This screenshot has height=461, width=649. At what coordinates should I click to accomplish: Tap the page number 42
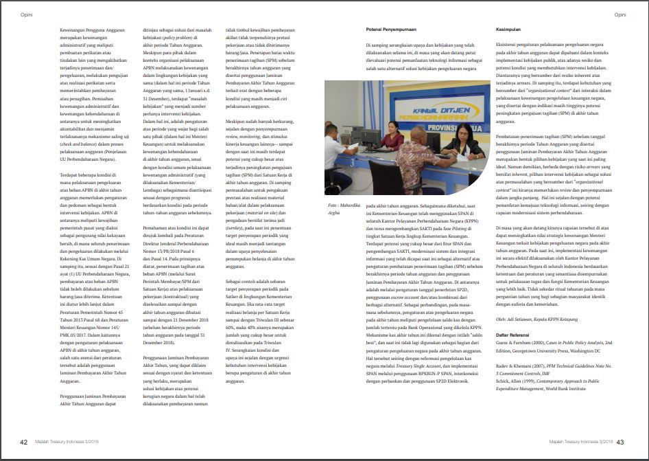tap(23, 442)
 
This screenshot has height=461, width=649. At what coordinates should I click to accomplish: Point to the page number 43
tap(620, 442)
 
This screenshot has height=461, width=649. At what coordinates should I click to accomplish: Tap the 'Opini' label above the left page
tap(27, 14)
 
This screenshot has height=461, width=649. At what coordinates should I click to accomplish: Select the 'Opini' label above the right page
tap(619, 14)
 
